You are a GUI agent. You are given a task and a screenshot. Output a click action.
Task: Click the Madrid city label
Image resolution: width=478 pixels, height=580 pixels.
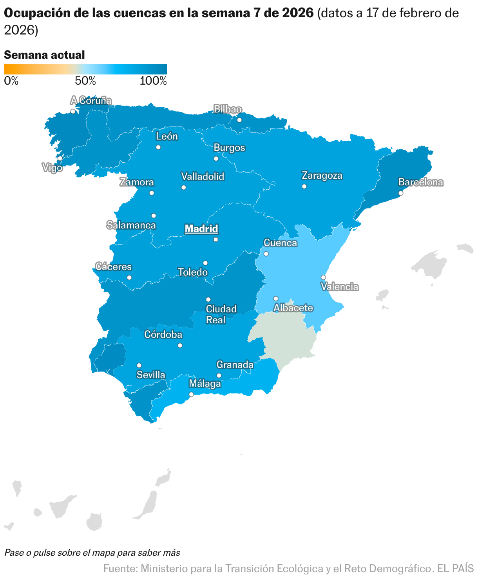[201, 228]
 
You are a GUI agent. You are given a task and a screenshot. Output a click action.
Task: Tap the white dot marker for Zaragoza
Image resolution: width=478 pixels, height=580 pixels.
[304, 186]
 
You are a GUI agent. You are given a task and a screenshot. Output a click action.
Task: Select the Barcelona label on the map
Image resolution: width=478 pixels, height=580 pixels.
[420, 182]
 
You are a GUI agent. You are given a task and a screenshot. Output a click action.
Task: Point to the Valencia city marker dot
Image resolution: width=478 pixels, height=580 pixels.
[323, 277]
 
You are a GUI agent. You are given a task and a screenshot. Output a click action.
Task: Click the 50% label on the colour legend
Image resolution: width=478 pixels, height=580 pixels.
[85, 81]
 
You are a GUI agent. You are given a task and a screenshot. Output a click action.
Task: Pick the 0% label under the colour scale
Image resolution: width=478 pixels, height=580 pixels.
[11, 81]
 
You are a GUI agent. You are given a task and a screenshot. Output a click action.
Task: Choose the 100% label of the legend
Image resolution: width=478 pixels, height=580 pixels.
[153, 81]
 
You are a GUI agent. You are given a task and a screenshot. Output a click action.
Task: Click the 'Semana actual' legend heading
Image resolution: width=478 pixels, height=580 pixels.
[44, 55]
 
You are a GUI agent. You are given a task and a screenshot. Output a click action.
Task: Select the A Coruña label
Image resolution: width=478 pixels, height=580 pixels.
[91, 101]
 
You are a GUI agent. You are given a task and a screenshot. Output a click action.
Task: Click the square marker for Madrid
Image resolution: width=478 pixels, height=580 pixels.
[215, 239]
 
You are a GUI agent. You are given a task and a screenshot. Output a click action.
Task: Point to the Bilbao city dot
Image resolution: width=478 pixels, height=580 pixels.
[239, 120]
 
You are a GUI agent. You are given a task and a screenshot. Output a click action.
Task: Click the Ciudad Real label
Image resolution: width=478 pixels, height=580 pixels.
[221, 314]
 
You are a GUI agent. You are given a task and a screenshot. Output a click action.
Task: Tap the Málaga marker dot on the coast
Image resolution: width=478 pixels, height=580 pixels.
[191, 394]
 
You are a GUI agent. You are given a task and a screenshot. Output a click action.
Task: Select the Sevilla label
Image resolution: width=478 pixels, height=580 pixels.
[151, 375]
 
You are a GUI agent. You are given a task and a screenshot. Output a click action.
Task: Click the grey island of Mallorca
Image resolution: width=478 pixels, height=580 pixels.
[429, 265]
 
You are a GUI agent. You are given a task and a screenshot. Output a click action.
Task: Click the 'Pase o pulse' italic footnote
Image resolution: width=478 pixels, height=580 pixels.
[92, 553]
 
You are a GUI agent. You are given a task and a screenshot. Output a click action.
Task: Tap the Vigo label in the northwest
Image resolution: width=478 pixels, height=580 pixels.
[52, 168]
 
